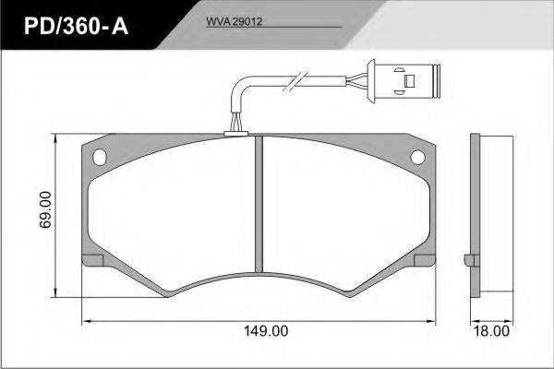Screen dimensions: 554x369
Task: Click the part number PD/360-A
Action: point(76,26)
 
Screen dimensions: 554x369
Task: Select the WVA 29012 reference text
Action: point(235,22)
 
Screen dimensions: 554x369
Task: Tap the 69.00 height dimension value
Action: point(45,209)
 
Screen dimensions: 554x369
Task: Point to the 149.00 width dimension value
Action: point(266,331)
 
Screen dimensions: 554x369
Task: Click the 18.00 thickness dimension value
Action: point(491,331)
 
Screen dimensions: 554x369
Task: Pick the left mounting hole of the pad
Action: point(100,157)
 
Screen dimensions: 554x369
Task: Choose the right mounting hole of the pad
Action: point(417,157)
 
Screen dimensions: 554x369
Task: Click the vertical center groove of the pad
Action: point(259,204)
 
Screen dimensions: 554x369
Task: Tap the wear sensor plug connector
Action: point(403,80)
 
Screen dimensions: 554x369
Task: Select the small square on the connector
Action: point(409,81)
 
